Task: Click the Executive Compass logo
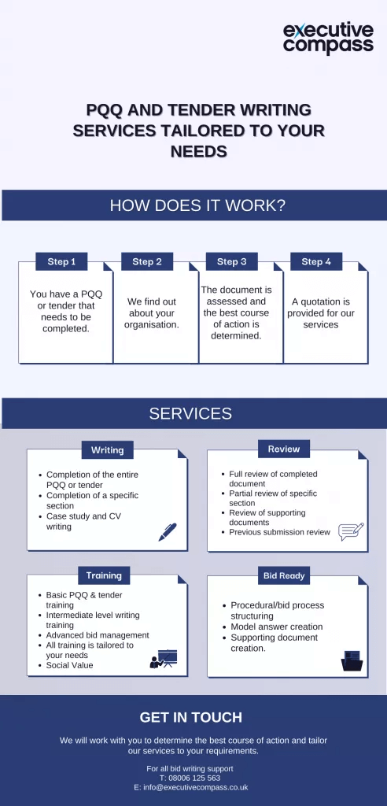328,38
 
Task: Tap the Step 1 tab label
61,262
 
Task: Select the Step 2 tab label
147,262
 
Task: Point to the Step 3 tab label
232,262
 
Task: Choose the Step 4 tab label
316,262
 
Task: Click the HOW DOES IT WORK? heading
197,206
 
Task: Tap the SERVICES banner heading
190,413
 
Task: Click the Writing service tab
107,450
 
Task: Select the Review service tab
284,449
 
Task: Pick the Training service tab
104,575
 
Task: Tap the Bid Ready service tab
284,576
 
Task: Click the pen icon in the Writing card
168,532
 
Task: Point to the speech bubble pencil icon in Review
350,531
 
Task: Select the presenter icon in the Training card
164,659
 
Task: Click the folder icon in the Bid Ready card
352,660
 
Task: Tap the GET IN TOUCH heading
191,717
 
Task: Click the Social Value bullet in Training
69,665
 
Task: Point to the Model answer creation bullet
276,627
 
